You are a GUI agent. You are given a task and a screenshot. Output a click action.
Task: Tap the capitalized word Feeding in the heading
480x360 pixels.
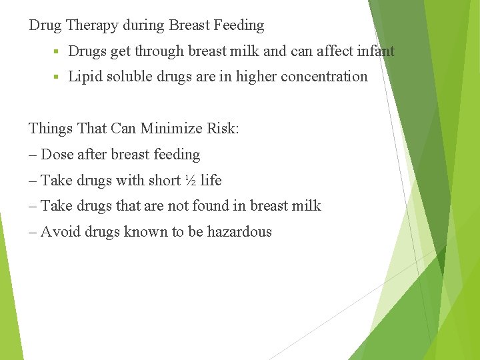[238, 26]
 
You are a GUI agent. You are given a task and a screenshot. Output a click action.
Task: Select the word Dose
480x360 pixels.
[57, 155]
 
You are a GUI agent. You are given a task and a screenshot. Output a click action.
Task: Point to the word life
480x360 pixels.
[211, 181]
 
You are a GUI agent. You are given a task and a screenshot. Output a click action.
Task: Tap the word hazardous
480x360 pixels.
[239, 232]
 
